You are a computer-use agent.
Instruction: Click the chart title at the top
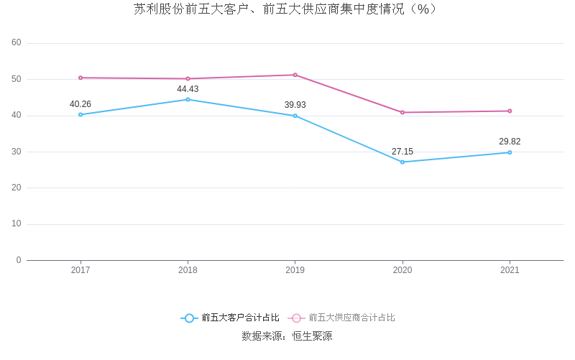coord(285,9)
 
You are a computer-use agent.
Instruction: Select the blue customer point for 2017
coord(80,114)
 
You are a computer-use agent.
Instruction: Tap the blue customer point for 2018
coord(188,99)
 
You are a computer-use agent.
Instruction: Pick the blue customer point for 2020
coord(402,162)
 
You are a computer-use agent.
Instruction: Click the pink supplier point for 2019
coord(295,75)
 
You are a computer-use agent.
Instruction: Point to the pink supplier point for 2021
coord(510,111)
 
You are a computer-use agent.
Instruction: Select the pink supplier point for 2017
coord(80,78)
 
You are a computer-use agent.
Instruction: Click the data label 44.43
coord(188,89)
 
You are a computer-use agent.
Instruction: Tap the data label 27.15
coord(402,152)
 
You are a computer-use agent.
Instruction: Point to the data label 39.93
coord(295,105)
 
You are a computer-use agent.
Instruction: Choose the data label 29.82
coord(510,142)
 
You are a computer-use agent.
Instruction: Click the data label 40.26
coord(80,104)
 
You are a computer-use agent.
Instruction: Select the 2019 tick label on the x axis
coord(295,270)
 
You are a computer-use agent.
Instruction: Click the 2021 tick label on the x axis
coord(510,270)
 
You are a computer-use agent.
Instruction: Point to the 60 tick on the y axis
coord(17,43)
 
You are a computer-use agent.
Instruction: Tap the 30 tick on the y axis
coord(17,152)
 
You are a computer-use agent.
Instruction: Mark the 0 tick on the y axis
coord(19,260)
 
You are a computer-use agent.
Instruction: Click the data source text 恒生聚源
coord(312,336)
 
